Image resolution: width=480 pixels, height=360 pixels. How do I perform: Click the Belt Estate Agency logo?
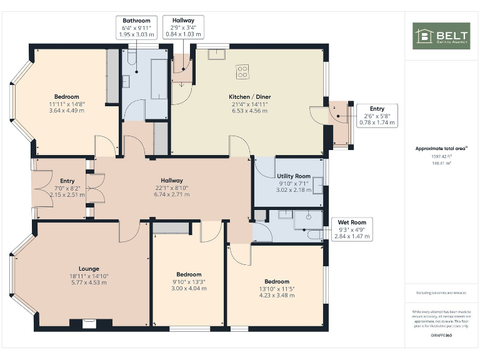point(441,36)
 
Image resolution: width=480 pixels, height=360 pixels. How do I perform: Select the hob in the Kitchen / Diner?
point(242,72)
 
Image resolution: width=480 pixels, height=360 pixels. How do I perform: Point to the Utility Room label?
point(293,183)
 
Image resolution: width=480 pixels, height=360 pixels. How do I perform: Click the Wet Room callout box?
point(352,229)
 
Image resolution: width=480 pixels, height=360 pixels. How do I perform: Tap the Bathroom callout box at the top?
point(136,28)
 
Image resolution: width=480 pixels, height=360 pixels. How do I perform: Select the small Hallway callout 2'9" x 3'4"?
point(183,28)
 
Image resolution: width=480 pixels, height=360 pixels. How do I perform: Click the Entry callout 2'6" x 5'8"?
point(377,116)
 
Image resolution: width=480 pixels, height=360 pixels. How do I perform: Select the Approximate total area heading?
point(441,148)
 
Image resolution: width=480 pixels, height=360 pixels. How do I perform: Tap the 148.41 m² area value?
point(441,162)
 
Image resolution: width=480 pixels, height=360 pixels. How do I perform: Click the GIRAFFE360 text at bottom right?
point(441,336)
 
